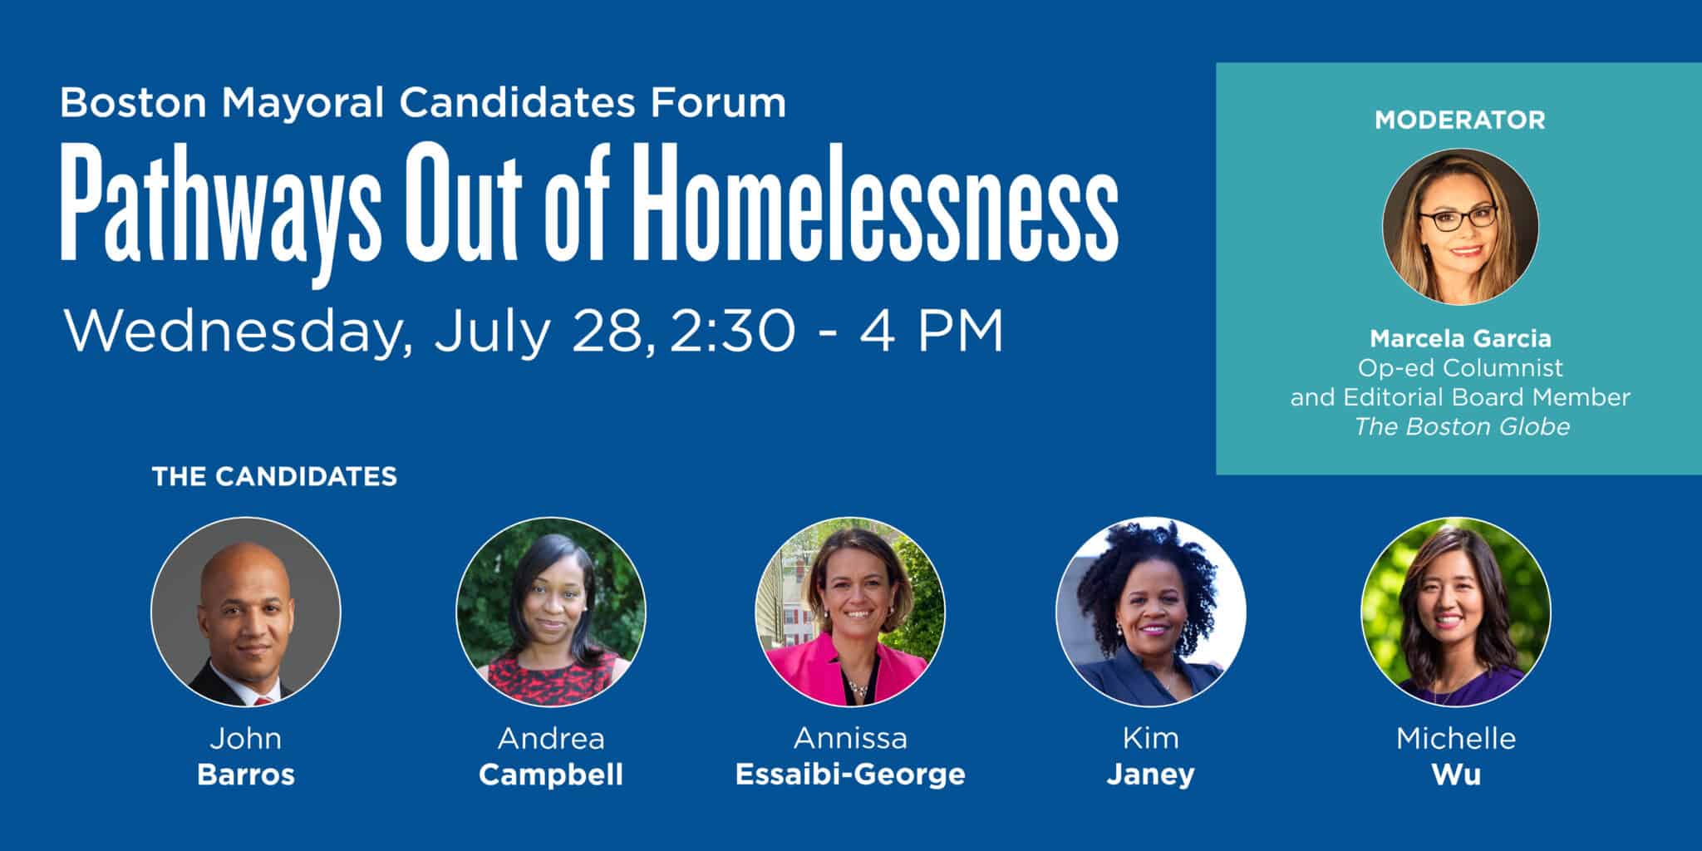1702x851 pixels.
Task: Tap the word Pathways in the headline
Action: [x=220, y=214]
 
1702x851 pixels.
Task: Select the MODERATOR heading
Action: [x=1460, y=121]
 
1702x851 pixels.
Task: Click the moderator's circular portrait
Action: [x=1460, y=227]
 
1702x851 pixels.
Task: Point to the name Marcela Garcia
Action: [x=1460, y=339]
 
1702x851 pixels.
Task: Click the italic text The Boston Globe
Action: [x=1462, y=426]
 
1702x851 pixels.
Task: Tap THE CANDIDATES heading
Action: [x=274, y=476]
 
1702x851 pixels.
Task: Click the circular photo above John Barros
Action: [x=246, y=612]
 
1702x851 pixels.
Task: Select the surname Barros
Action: [x=246, y=775]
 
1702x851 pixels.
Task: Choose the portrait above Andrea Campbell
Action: [x=551, y=612]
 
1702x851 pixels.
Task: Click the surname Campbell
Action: [x=551, y=775]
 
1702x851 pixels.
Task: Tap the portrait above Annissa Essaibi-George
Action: [x=850, y=612]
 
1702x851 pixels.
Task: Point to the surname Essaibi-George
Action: [x=850, y=775]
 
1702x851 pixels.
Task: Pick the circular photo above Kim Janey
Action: [x=1151, y=612]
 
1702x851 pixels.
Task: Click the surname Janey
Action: [x=1151, y=775]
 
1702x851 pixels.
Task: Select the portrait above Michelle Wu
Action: [x=1456, y=612]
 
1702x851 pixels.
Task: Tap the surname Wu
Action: [x=1456, y=775]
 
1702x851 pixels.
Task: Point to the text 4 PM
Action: [x=932, y=332]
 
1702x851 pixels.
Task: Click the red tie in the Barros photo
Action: [x=263, y=701]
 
